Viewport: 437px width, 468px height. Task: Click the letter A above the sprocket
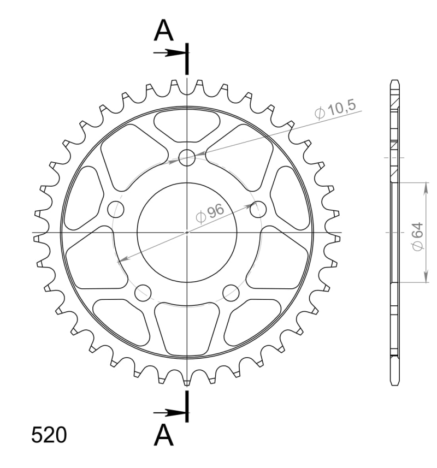click(x=163, y=31)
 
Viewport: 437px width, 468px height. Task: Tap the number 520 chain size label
click(x=49, y=435)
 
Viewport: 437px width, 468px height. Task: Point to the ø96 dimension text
click(x=210, y=213)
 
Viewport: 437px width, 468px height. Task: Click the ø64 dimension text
click(x=417, y=236)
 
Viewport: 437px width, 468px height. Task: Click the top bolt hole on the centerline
click(x=187, y=158)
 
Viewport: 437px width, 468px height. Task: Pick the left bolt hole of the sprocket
click(x=115, y=210)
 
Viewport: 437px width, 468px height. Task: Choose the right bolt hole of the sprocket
click(x=258, y=210)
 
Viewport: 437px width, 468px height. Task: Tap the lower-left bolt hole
click(x=143, y=293)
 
